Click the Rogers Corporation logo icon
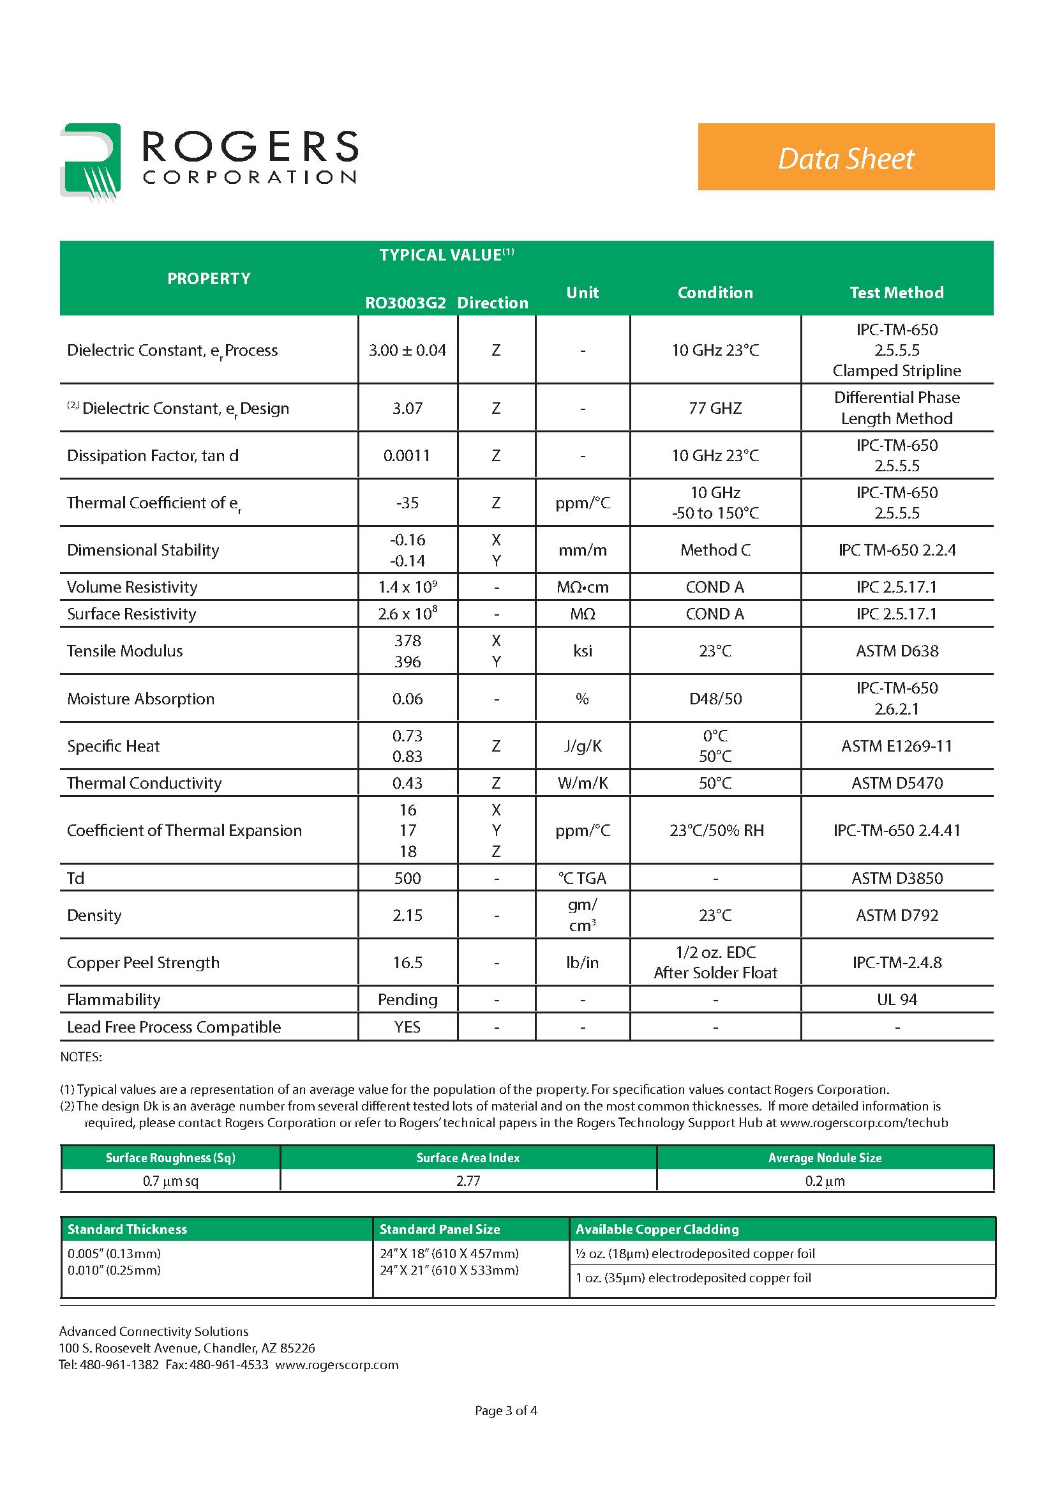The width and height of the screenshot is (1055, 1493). point(91,162)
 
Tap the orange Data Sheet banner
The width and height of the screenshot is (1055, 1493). point(846,156)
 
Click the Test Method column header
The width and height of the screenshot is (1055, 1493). point(896,292)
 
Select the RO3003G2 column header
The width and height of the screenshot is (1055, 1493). point(406,303)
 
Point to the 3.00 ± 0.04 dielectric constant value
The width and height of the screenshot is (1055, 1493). point(407,351)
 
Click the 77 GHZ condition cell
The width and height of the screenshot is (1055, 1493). point(715,408)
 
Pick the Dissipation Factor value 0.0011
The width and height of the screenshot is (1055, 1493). point(407,456)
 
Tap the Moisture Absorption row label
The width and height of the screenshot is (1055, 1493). point(140,699)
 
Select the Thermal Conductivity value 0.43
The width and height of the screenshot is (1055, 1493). point(407,784)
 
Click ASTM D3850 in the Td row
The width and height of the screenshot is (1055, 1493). point(896,879)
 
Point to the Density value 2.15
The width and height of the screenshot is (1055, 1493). point(407,916)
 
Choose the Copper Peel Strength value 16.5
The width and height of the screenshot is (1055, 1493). point(407,963)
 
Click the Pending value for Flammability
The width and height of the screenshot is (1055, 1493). point(407,1000)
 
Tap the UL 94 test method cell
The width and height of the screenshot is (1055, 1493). point(896,1000)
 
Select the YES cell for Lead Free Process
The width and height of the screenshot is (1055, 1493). point(407,1027)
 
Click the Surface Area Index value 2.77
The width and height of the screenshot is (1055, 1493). point(468,1181)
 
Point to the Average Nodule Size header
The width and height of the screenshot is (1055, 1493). point(824,1158)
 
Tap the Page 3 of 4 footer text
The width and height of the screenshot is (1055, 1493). point(505,1411)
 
